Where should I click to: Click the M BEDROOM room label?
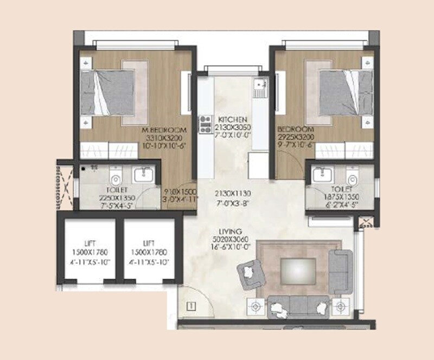(164, 130)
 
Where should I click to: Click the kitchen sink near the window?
(260, 85)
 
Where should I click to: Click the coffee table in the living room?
(298, 269)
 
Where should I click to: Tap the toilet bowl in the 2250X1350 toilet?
(115, 176)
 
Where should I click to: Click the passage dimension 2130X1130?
(233, 194)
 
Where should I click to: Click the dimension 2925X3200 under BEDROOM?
(296, 138)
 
